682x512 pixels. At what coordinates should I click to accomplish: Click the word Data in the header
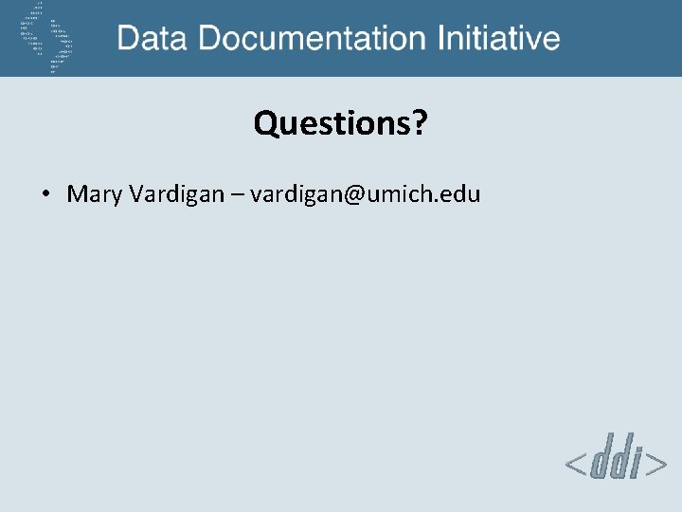[x=152, y=39]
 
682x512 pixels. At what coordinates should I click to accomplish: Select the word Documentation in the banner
[x=312, y=39]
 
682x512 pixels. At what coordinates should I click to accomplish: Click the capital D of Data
[x=130, y=39]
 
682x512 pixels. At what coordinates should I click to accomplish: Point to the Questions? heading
[x=340, y=123]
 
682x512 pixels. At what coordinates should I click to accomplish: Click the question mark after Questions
[x=419, y=123]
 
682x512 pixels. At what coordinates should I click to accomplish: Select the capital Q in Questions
[x=265, y=124]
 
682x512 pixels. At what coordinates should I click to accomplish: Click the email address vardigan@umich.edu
[x=366, y=195]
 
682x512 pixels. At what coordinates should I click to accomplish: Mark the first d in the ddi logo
[x=599, y=462]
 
